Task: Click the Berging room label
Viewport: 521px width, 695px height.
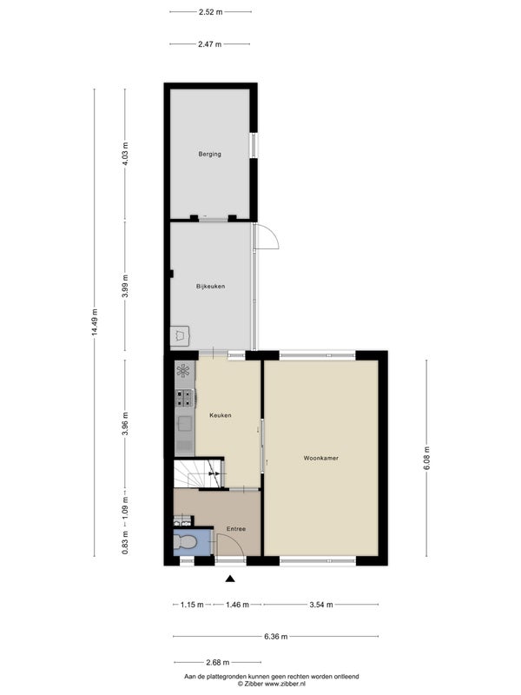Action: click(x=209, y=155)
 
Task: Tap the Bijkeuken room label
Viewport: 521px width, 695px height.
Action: click(x=210, y=287)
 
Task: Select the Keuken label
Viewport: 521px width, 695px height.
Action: click(x=221, y=415)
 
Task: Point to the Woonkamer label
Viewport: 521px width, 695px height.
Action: click(x=320, y=458)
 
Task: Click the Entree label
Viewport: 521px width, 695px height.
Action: click(x=235, y=529)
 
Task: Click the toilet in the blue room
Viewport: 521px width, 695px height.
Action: click(x=185, y=541)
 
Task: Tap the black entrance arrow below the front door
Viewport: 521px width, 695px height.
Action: click(x=230, y=579)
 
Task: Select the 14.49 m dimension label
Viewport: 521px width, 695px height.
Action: click(x=95, y=322)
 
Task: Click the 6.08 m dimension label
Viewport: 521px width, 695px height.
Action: click(x=426, y=458)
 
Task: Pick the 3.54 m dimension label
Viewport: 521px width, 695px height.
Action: click(x=321, y=604)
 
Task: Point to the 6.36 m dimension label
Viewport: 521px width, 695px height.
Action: click(x=275, y=637)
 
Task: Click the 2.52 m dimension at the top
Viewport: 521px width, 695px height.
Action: click(x=210, y=12)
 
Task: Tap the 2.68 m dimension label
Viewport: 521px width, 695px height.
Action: click(x=218, y=663)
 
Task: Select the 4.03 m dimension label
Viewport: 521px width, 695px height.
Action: click(x=125, y=154)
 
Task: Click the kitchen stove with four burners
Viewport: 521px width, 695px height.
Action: click(x=184, y=398)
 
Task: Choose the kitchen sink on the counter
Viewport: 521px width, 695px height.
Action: click(x=184, y=424)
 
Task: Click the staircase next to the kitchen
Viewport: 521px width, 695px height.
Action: click(x=198, y=473)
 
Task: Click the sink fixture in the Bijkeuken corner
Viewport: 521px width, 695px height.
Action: click(x=180, y=335)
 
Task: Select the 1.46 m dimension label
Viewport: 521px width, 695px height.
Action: click(x=237, y=604)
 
